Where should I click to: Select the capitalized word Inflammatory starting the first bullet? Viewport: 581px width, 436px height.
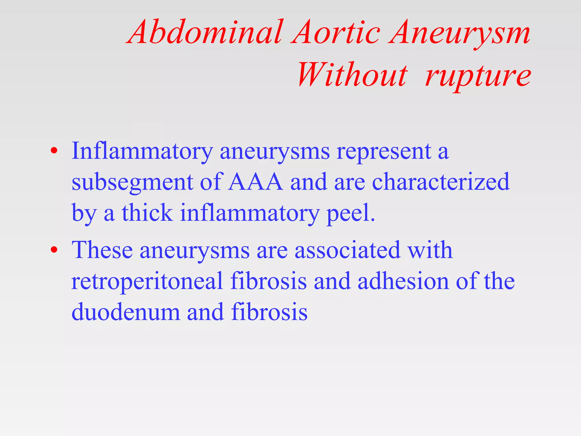click(x=142, y=152)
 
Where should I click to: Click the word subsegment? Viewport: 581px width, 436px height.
click(x=132, y=183)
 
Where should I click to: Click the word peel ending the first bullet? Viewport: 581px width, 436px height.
click(x=351, y=213)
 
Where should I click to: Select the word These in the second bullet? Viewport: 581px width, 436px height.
click(x=102, y=250)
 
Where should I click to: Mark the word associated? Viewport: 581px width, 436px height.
click(x=348, y=250)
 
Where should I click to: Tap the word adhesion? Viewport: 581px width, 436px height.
click(x=403, y=281)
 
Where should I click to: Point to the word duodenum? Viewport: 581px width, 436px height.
click(x=126, y=312)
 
